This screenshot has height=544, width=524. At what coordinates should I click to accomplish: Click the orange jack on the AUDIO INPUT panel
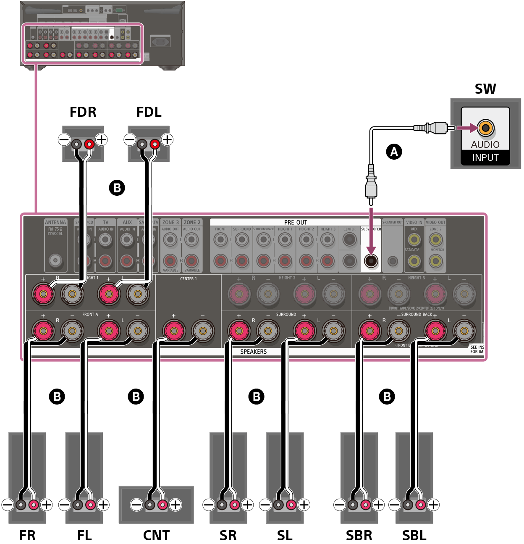pos(485,128)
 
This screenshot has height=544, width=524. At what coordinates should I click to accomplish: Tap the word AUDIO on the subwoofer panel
pos(485,145)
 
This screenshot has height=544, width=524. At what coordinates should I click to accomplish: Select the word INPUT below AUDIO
pos(485,158)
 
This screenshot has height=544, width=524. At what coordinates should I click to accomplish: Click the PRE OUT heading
pos(296,222)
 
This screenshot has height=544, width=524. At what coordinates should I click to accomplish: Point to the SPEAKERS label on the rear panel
pos(253,352)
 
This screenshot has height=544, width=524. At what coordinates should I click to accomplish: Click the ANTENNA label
pos(55,222)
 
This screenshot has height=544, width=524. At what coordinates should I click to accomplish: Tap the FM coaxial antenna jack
pos(55,260)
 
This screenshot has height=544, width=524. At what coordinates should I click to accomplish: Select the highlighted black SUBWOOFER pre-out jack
pos(371,261)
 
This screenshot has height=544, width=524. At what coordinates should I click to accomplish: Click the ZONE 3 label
pos(170,222)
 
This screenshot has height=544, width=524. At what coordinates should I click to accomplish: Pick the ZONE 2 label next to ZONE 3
pos(192,222)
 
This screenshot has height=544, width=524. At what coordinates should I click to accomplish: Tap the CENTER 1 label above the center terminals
pos(188,279)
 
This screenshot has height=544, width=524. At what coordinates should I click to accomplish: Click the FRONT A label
pos(90,314)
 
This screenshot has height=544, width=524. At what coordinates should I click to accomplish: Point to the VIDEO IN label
pos(414,222)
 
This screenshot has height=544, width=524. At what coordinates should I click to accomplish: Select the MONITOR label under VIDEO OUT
pos(437,250)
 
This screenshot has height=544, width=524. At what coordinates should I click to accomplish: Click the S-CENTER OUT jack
pos(392,261)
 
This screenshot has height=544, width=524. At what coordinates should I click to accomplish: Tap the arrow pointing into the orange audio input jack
pos(467,128)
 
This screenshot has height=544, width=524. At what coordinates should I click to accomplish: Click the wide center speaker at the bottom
pos(156,504)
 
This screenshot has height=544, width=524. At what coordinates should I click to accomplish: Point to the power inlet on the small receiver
pos(160,42)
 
